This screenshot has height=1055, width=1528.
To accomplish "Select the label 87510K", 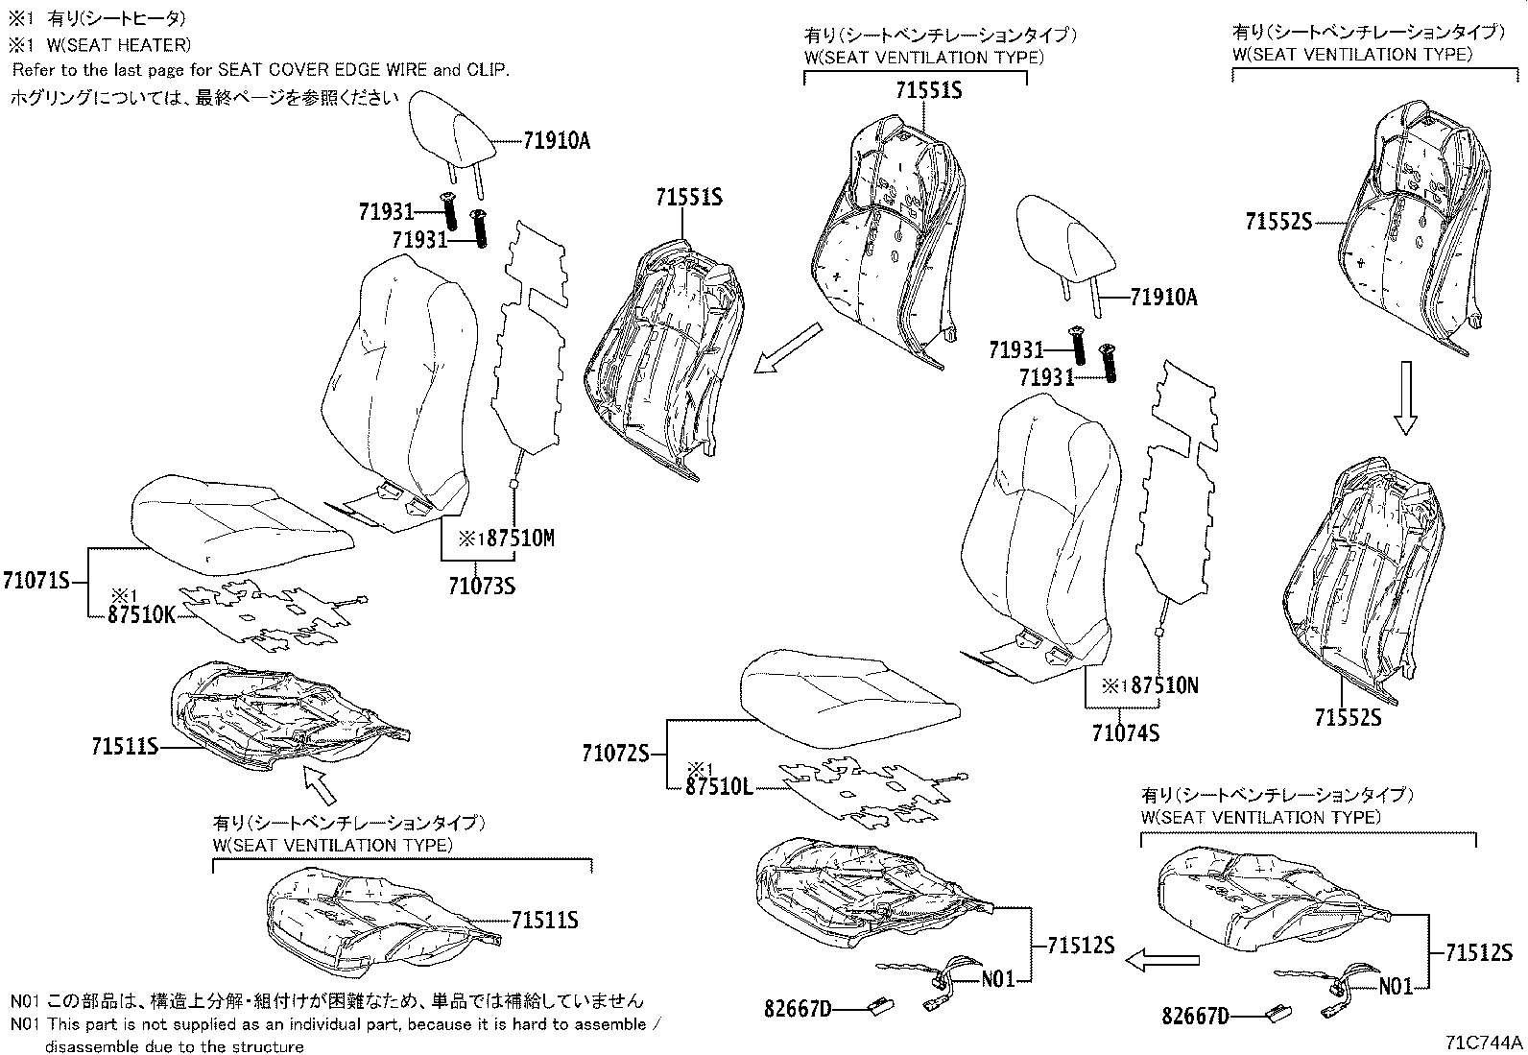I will pos(142,615).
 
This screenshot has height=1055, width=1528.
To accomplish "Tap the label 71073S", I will pos(481,585).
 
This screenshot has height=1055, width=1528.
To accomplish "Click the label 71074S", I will pos(1125,732).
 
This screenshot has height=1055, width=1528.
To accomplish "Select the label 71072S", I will pos(615,754).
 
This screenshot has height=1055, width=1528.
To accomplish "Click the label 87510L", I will pos(719,787).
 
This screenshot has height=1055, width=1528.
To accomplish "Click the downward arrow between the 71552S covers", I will pos(1404,397).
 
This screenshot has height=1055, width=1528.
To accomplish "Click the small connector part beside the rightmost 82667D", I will pos(1277,1012).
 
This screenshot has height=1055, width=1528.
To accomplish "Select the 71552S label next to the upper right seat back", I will pos(1277,222).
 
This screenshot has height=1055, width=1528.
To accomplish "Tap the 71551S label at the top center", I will pos(928,91).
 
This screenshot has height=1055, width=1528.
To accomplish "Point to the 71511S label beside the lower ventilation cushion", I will pos(544,921).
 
